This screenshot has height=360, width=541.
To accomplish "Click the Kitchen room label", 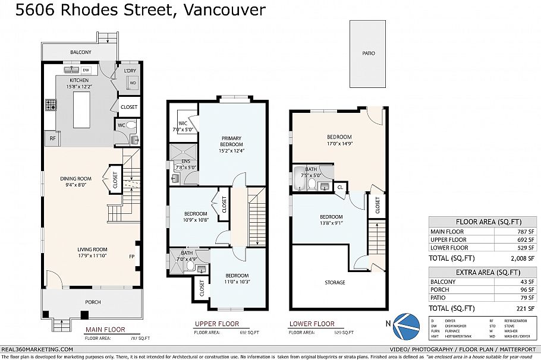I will [79, 80].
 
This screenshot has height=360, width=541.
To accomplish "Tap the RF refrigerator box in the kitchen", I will [52, 138].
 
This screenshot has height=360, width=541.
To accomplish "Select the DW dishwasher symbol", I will [86, 70].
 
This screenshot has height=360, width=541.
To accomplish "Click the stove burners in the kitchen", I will [50, 106].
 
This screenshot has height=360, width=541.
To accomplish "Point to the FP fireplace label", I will [131, 257].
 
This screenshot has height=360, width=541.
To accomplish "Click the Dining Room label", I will [76, 178].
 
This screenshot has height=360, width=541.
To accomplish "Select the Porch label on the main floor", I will [93, 302].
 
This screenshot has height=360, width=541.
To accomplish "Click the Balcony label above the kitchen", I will [81, 52].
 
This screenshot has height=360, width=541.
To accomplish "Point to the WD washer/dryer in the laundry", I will [133, 83].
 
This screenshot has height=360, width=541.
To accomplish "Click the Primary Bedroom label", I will [232, 141].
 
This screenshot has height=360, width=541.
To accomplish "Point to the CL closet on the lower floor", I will [340, 188].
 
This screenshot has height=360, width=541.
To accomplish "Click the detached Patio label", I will [369, 53].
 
